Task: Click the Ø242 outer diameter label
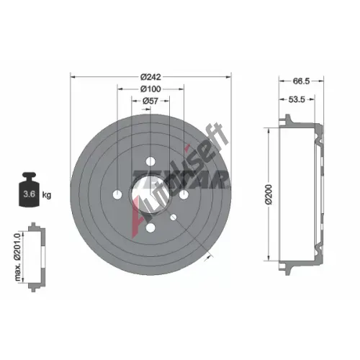150,77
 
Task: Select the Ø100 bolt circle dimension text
150,89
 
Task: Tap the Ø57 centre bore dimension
150,101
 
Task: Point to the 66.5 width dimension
301,81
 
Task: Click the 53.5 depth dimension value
297,99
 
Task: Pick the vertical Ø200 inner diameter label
269,194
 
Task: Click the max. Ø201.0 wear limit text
18,257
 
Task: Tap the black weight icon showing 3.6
30,189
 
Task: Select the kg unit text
47,195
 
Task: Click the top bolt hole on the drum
150,161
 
